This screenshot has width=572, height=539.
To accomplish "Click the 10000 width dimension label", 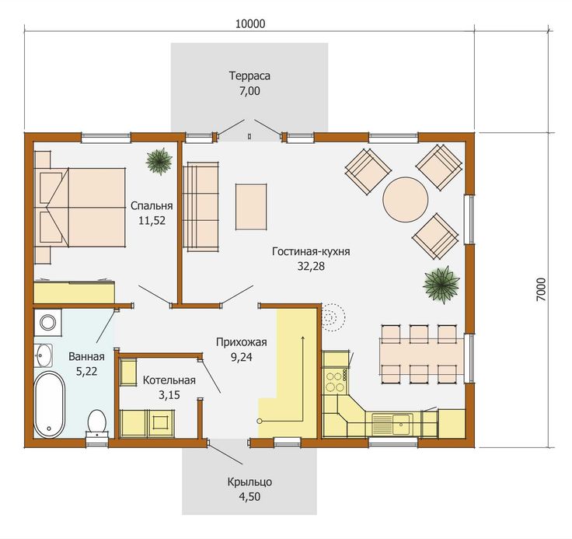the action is [250, 24].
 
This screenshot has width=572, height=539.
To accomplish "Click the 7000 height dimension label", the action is [542, 289].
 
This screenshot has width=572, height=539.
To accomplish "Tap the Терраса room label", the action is [249, 76].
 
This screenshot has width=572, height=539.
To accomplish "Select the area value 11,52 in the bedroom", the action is [152, 220].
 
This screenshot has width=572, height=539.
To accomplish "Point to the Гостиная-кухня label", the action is [311, 251].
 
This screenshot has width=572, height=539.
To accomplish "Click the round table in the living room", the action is [405, 199].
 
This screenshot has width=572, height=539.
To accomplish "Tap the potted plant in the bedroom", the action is [159, 161].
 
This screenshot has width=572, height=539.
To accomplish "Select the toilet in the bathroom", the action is [97, 423].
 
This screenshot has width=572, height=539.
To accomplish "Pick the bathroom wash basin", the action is [44, 355].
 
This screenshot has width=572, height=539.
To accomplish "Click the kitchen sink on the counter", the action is [392, 424].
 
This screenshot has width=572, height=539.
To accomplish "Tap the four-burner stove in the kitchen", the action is [336, 382].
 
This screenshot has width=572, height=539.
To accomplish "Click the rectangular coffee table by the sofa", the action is [251, 207].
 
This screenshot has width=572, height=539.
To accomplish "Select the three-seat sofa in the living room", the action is [201, 207].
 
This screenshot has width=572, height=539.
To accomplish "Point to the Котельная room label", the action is [169, 380].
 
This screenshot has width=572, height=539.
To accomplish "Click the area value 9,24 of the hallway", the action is [242, 357].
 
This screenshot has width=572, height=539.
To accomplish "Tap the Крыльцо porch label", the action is [250, 482].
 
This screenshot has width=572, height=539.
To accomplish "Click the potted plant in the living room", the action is [441, 285].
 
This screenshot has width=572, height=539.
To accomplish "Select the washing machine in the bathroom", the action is [47, 323].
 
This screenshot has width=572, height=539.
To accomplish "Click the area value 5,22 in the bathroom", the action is [86, 371].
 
